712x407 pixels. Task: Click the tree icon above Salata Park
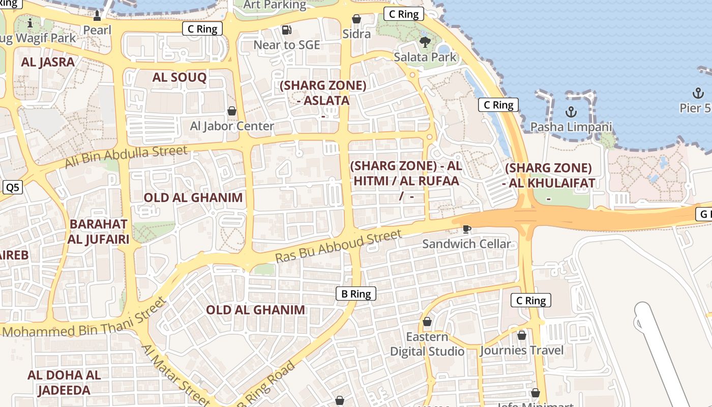(425, 42)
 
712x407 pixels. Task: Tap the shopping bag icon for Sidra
(357, 19)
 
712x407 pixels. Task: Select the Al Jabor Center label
(232, 126)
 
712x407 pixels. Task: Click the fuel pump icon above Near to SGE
(287, 31)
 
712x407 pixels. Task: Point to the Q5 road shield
(12, 188)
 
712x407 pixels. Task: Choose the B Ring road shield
(356, 294)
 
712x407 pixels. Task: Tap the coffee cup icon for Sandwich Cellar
(466, 229)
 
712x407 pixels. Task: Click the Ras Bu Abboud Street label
(339, 246)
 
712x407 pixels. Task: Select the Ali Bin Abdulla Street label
(126, 157)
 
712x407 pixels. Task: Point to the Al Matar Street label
(175, 375)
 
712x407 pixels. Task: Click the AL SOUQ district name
(180, 77)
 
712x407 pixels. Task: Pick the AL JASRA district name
(48, 62)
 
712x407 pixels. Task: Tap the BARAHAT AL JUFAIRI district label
(99, 231)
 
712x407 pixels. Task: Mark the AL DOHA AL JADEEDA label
(64, 383)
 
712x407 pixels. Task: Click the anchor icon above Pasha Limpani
(571, 111)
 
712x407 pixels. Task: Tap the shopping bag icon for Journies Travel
(521, 335)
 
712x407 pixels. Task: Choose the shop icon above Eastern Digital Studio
(427, 322)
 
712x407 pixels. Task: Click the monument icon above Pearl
(97, 16)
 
